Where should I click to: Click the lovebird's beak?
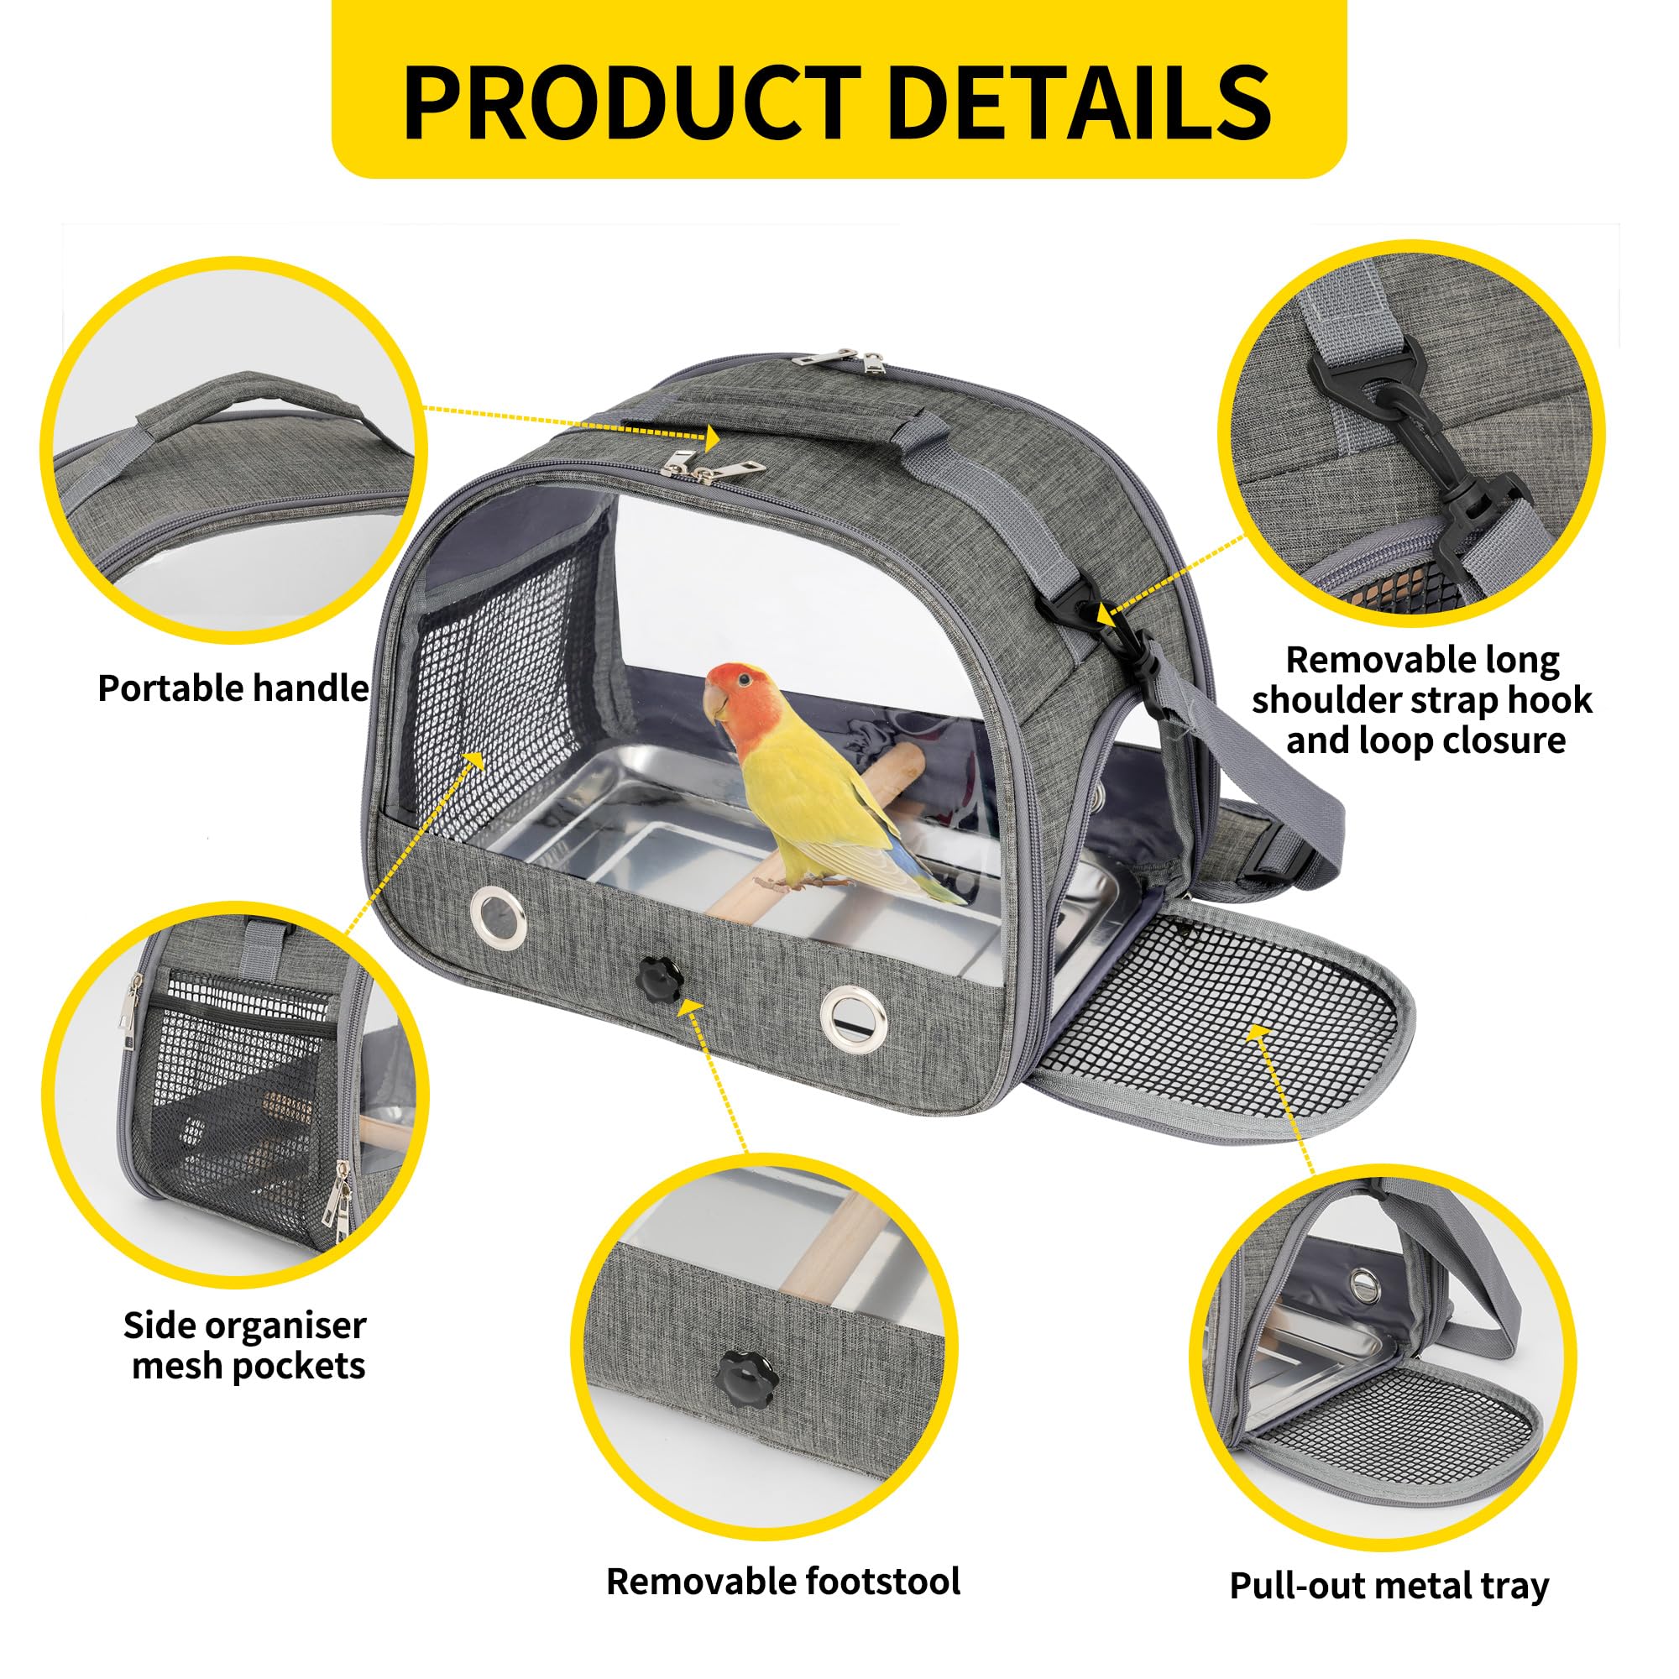(715, 706)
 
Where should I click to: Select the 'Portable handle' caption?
(233, 688)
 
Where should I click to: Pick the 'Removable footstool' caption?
(783, 1556)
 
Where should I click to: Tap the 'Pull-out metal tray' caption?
(1389, 1562)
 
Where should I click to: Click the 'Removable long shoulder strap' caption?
(1422, 700)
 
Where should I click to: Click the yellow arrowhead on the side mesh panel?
(473, 761)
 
